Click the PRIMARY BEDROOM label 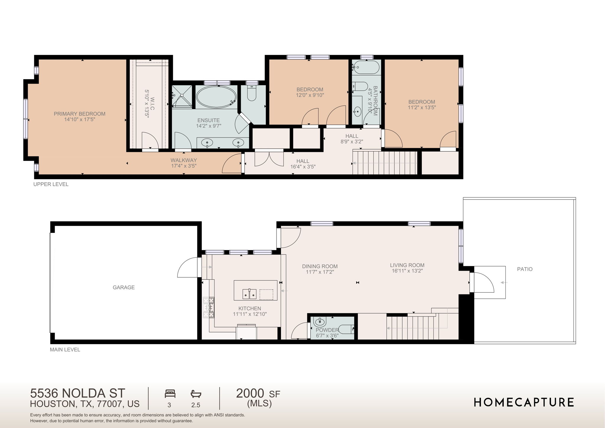pyautogui.click(x=79, y=114)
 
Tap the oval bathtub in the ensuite pyautogui.click(x=216, y=97)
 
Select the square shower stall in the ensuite pyautogui.click(x=182, y=96)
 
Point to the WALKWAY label pyautogui.click(x=183, y=160)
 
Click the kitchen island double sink pyautogui.click(x=249, y=294)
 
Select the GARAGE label pyautogui.click(x=123, y=287)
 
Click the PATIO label pyautogui.click(x=525, y=269)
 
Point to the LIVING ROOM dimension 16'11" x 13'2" pyautogui.click(x=407, y=271)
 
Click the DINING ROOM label pyautogui.click(x=320, y=266)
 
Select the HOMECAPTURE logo pyautogui.click(x=524, y=402)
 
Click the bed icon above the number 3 pyautogui.click(x=170, y=394)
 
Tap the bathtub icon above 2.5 pyautogui.click(x=196, y=394)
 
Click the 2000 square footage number pyautogui.click(x=250, y=393)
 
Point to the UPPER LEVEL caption pyautogui.click(x=51, y=184)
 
